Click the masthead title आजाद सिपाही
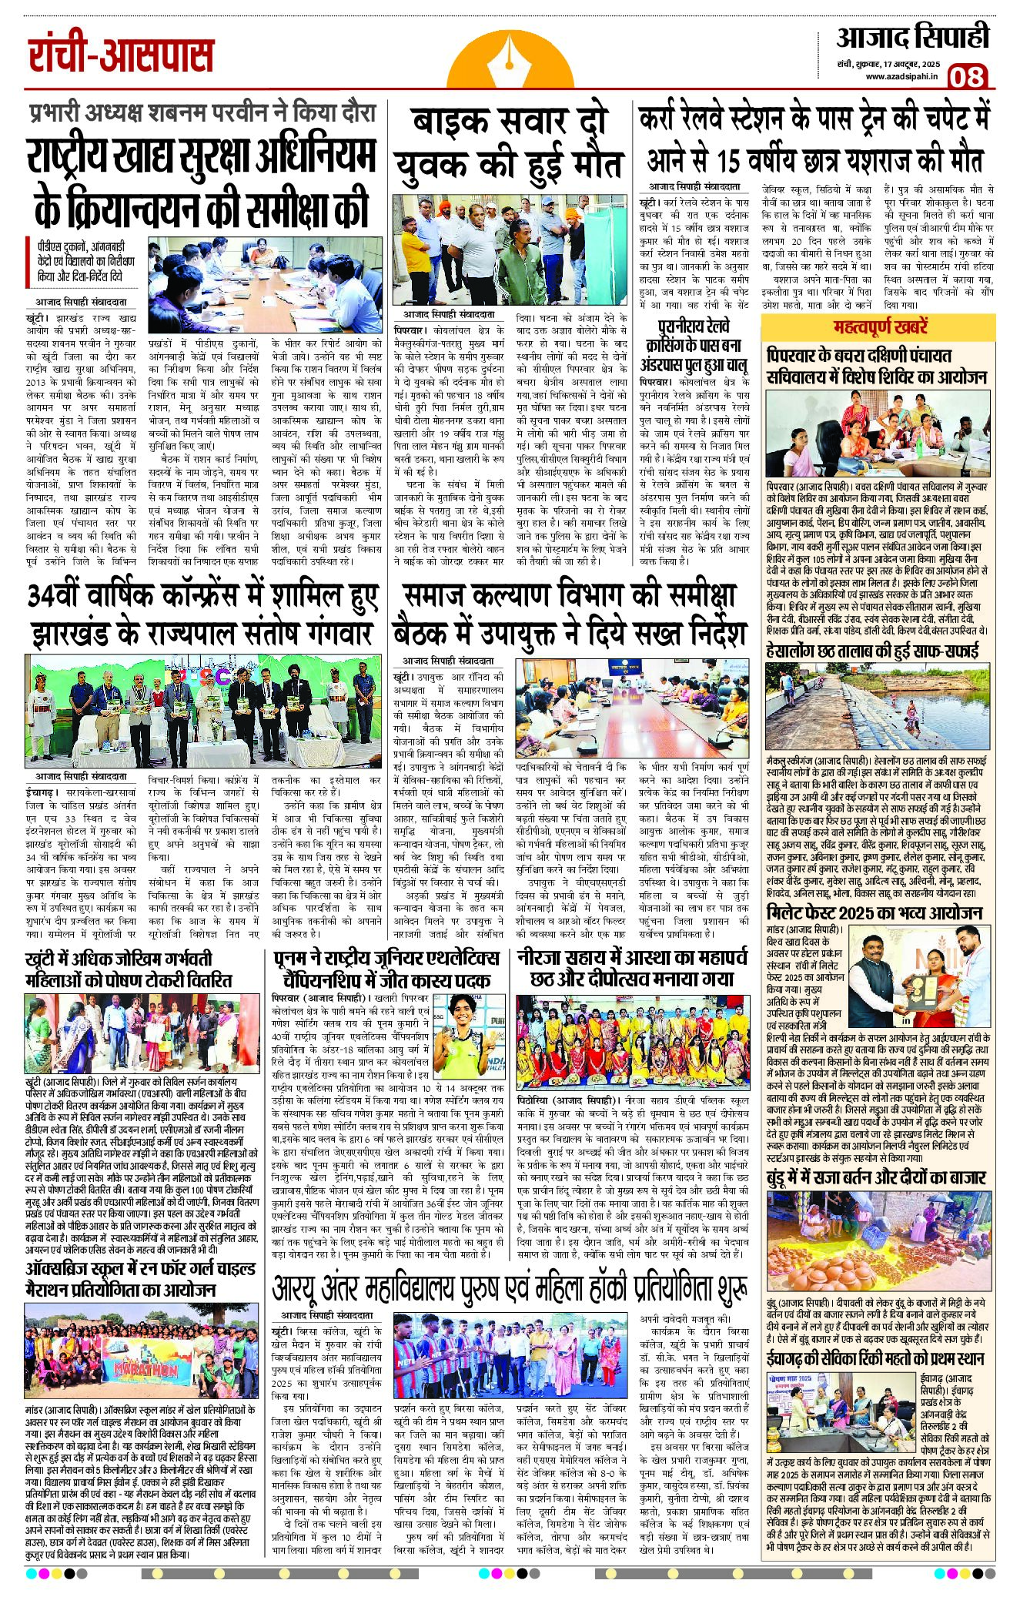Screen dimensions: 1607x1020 [912, 36]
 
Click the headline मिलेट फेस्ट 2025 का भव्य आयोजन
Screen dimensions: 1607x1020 [875, 912]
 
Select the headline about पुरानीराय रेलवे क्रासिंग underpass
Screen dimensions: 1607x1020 [694, 345]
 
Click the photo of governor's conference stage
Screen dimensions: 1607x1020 [202, 705]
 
